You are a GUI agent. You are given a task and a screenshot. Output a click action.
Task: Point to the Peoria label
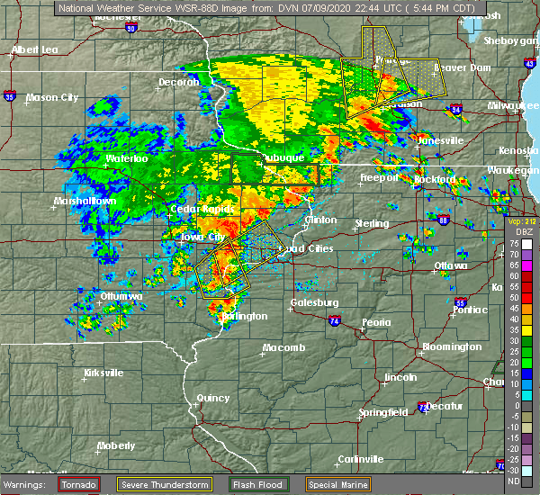(377, 321)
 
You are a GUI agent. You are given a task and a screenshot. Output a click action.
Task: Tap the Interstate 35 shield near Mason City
(9, 94)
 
